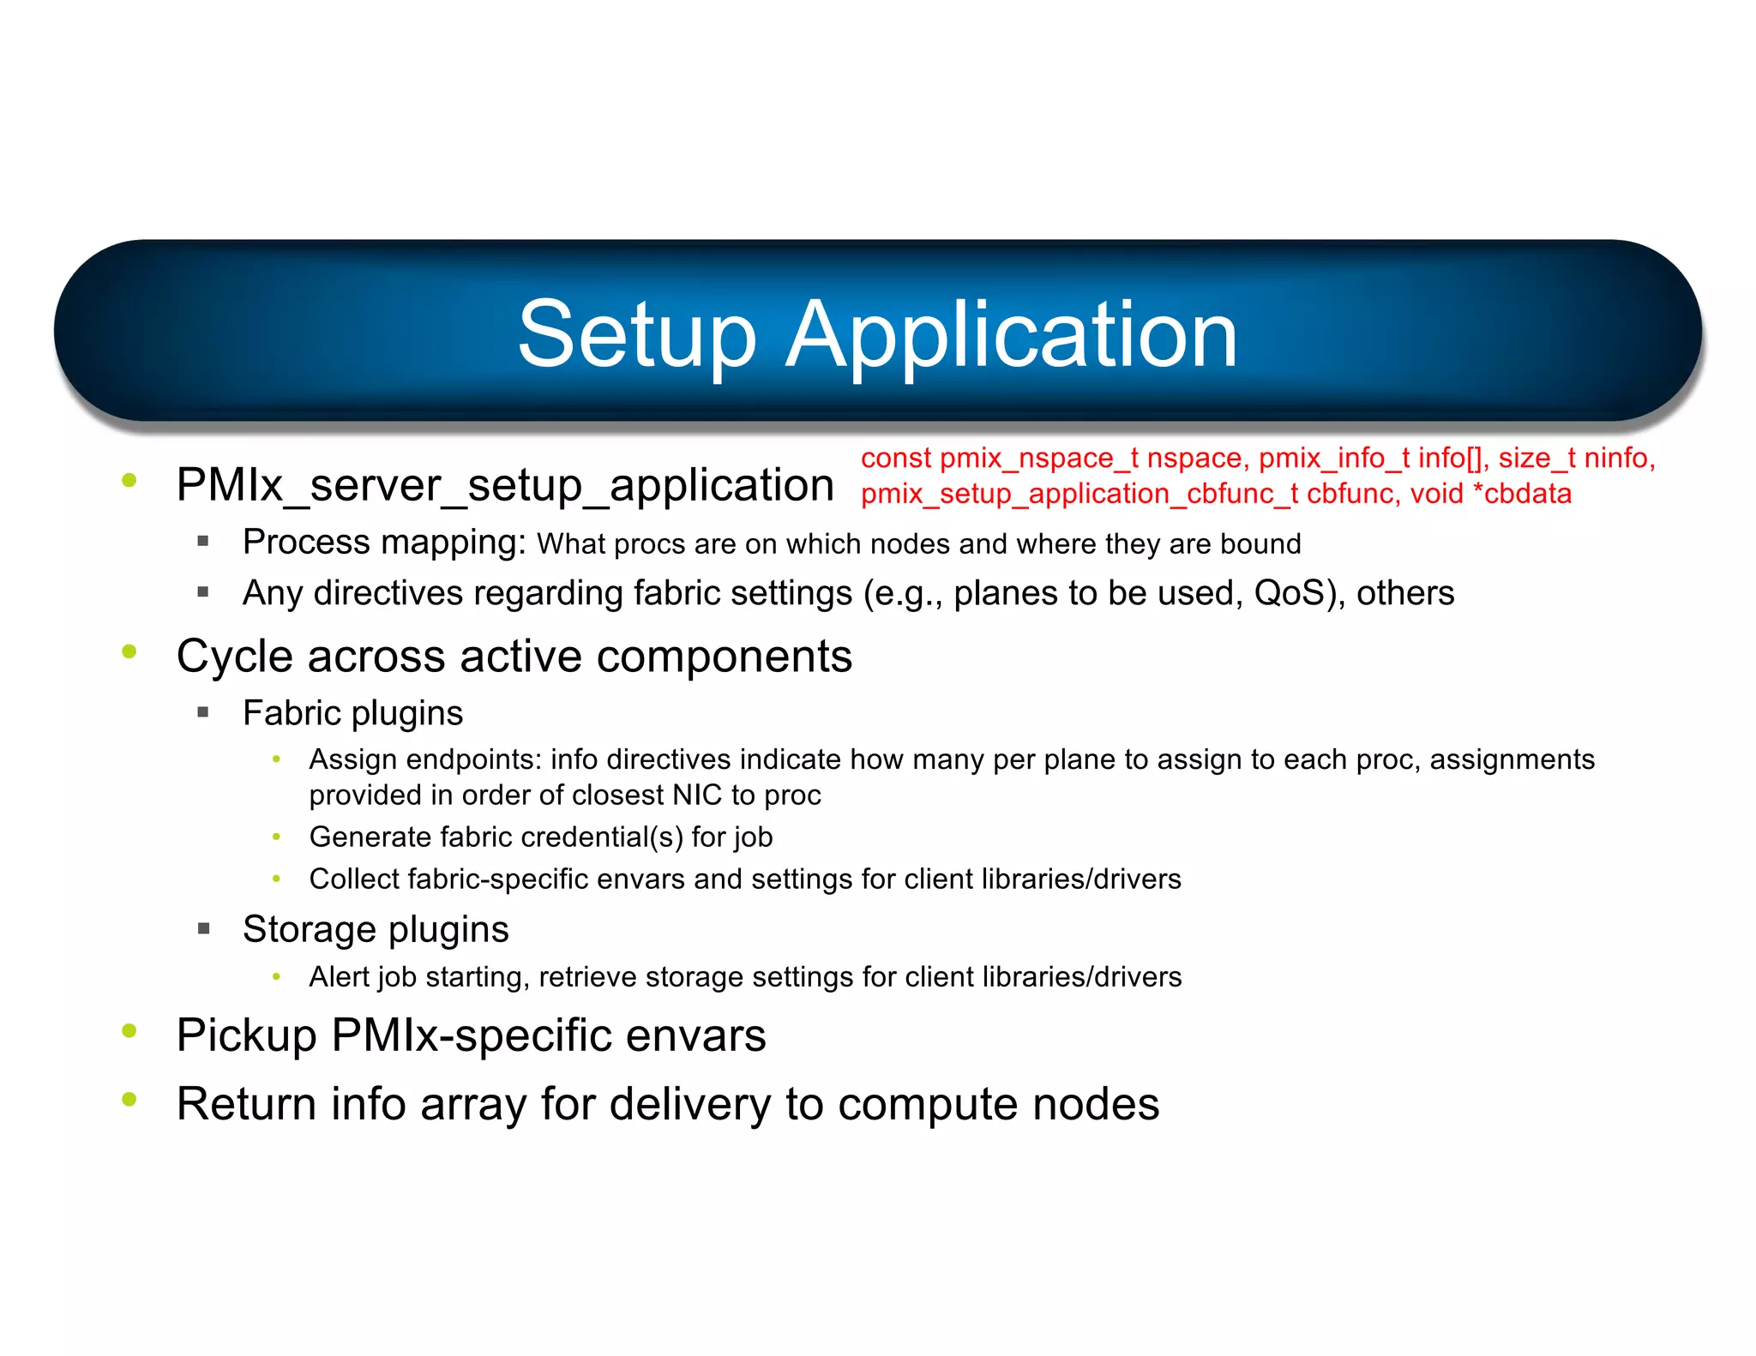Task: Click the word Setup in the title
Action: point(636,335)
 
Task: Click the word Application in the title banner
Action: point(1012,335)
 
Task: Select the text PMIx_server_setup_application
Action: point(505,485)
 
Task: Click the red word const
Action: point(895,459)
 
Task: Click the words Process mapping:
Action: point(383,543)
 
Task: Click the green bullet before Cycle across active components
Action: point(129,652)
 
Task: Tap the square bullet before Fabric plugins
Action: point(203,712)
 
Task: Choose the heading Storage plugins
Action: point(376,930)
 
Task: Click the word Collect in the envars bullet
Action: point(354,879)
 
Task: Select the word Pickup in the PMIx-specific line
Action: point(246,1035)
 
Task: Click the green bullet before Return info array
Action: point(129,1100)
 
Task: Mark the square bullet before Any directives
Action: point(203,591)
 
